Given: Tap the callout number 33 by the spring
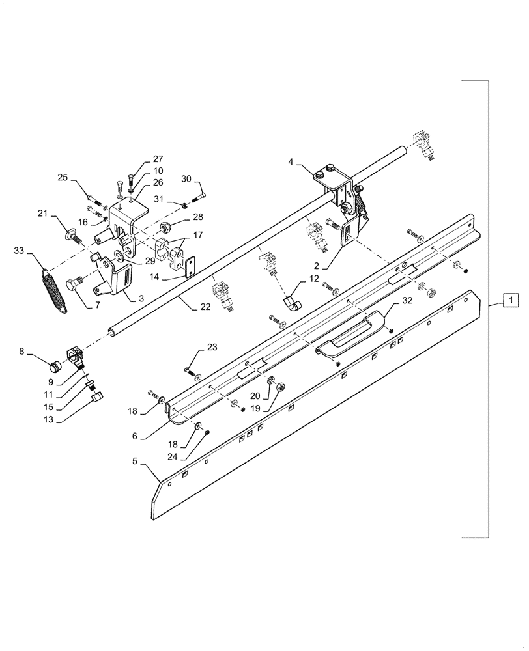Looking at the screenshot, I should tap(20, 250).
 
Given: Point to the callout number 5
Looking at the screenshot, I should tap(134, 462).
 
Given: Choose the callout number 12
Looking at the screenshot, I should tap(315, 279).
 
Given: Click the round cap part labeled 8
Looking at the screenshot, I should tap(56, 365).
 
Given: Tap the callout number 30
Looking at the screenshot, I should tap(186, 180).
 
